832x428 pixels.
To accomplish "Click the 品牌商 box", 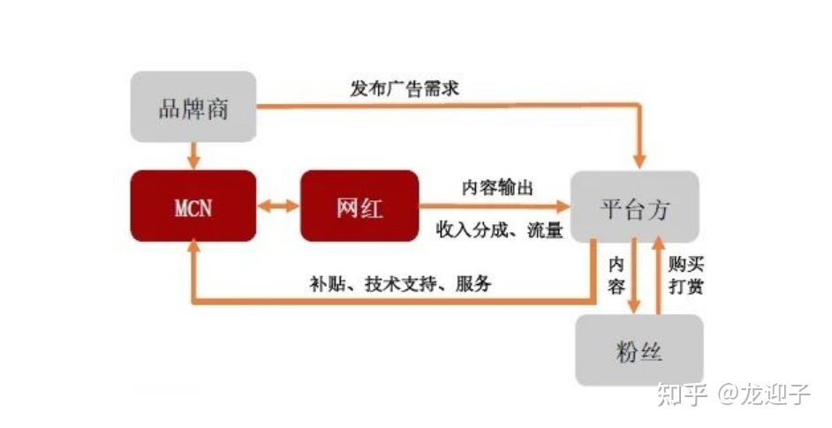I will pyautogui.click(x=193, y=108).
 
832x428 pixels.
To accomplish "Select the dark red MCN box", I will pyautogui.click(x=193, y=206).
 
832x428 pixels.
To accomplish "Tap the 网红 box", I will pyautogui.click(x=359, y=206).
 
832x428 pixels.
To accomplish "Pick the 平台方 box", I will pyautogui.click(x=634, y=208).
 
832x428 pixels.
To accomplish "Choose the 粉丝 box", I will pyautogui.click(x=639, y=351).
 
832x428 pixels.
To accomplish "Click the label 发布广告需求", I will pyautogui.click(x=405, y=88).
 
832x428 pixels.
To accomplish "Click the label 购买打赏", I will pyautogui.click(x=686, y=276).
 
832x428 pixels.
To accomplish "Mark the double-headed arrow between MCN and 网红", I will pyautogui.click(x=278, y=206).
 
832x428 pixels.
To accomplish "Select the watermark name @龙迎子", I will pyautogui.click(x=765, y=394).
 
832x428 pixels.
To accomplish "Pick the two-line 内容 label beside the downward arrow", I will pyautogui.click(x=616, y=275).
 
